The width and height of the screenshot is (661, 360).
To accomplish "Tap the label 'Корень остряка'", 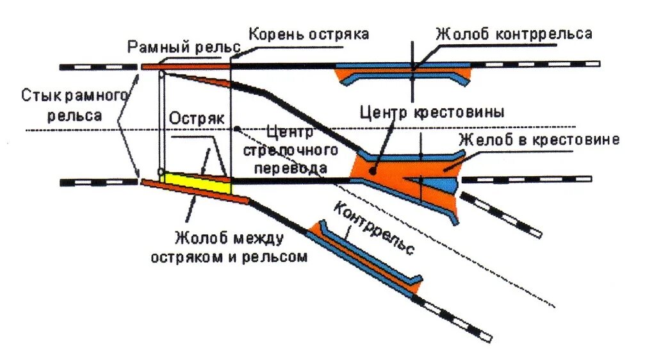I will (309, 34).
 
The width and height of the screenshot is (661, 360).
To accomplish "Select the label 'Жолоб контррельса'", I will (514, 34).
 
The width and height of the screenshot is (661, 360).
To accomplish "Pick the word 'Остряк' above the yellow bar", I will (196, 119).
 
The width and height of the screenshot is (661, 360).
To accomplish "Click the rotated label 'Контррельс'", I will (375, 229).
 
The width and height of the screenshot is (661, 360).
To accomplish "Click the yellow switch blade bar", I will (195, 182).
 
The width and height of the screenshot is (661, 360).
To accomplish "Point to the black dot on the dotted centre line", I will (237, 129).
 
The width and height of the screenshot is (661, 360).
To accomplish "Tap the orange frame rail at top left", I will (186, 65).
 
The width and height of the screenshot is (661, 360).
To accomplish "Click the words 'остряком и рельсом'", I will (229, 256).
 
